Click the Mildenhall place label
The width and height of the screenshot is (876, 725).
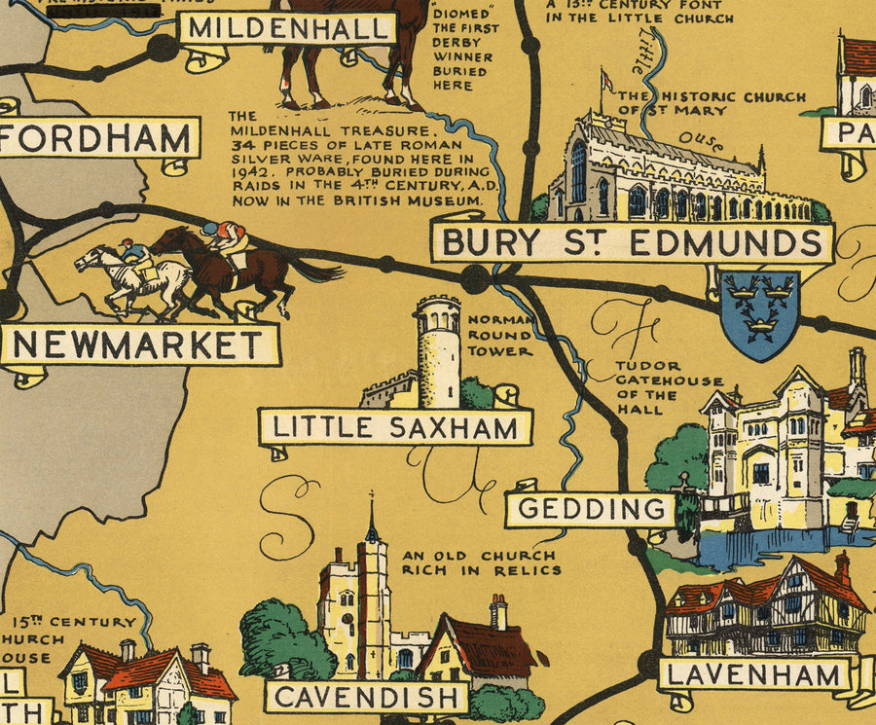pyautogui.click(x=286, y=28)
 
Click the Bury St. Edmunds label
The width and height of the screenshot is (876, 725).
pyautogui.click(x=631, y=242)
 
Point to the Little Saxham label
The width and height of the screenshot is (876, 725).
pyautogui.click(x=394, y=426)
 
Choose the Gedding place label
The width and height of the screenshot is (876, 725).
pyautogui.click(x=590, y=508)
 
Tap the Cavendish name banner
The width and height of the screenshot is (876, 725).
pyautogui.click(x=368, y=697)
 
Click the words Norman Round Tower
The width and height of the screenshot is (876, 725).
pyautogui.click(x=500, y=335)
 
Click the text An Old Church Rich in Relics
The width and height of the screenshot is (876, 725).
pyautogui.click(x=481, y=562)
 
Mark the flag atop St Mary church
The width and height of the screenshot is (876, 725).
pyautogui.click(x=607, y=80)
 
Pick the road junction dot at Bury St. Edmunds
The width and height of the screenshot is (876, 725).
pyautogui.click(x=475, y=279)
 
